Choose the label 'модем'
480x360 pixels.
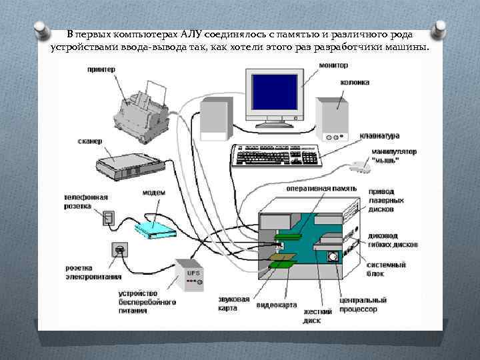pos(153,193)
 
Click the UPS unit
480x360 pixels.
pos(191,275)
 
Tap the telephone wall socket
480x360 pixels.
pos(109,217)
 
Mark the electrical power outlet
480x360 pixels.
pos(120,250)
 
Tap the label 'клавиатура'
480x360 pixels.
pos(380,135)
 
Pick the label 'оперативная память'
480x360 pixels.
pos(321,189)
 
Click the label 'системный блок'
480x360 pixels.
pos(387,269)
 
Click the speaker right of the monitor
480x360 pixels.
pos(331,119)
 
